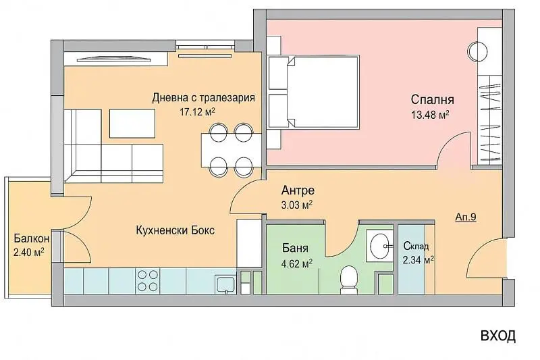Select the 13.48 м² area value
tap(430, 115)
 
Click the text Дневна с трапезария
tap(202, 97)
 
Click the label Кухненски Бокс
tap(175, 230)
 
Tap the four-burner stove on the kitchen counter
tap(148, 280)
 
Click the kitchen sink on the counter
tap(224, 282)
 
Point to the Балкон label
tap(30, 239)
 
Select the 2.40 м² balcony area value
tap(29, 253)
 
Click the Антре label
tap(297, 190)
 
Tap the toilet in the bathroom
tap(349, 277)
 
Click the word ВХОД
tap(497, 336)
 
